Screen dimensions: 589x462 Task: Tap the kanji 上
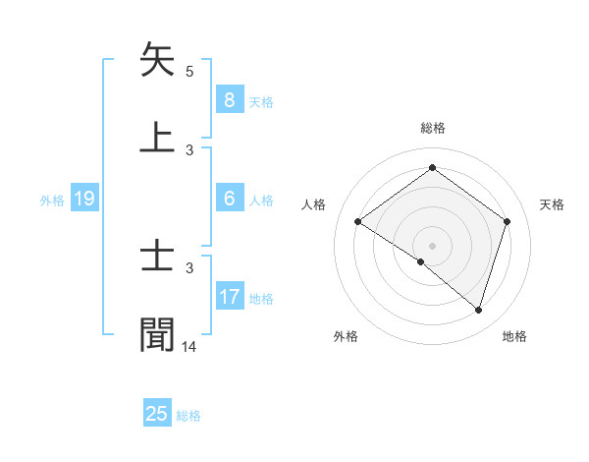coord(158,137)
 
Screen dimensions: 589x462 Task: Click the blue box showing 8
coord(229,100)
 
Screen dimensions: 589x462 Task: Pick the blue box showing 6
coord(229,199)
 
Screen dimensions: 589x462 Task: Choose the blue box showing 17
coord(229,297)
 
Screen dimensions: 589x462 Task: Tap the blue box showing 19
coord(83,199)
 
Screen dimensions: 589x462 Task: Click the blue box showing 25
coord(157,414)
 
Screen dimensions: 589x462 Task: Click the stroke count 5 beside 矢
coord(189,71)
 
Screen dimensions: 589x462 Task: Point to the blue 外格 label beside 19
coord(52,200)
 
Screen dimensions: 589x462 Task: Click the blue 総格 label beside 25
coord(188,416)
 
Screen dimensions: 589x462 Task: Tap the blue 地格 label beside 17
coord(261,298)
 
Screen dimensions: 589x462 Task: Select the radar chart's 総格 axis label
coord(433,128)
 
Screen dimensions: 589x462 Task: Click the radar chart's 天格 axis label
coord(553,204)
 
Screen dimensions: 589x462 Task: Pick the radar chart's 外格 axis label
coord(346,337)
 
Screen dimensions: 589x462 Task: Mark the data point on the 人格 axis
coord(358,221)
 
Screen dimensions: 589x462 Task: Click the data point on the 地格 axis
coord(479,310)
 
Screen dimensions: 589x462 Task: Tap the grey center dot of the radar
coord(433,245)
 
